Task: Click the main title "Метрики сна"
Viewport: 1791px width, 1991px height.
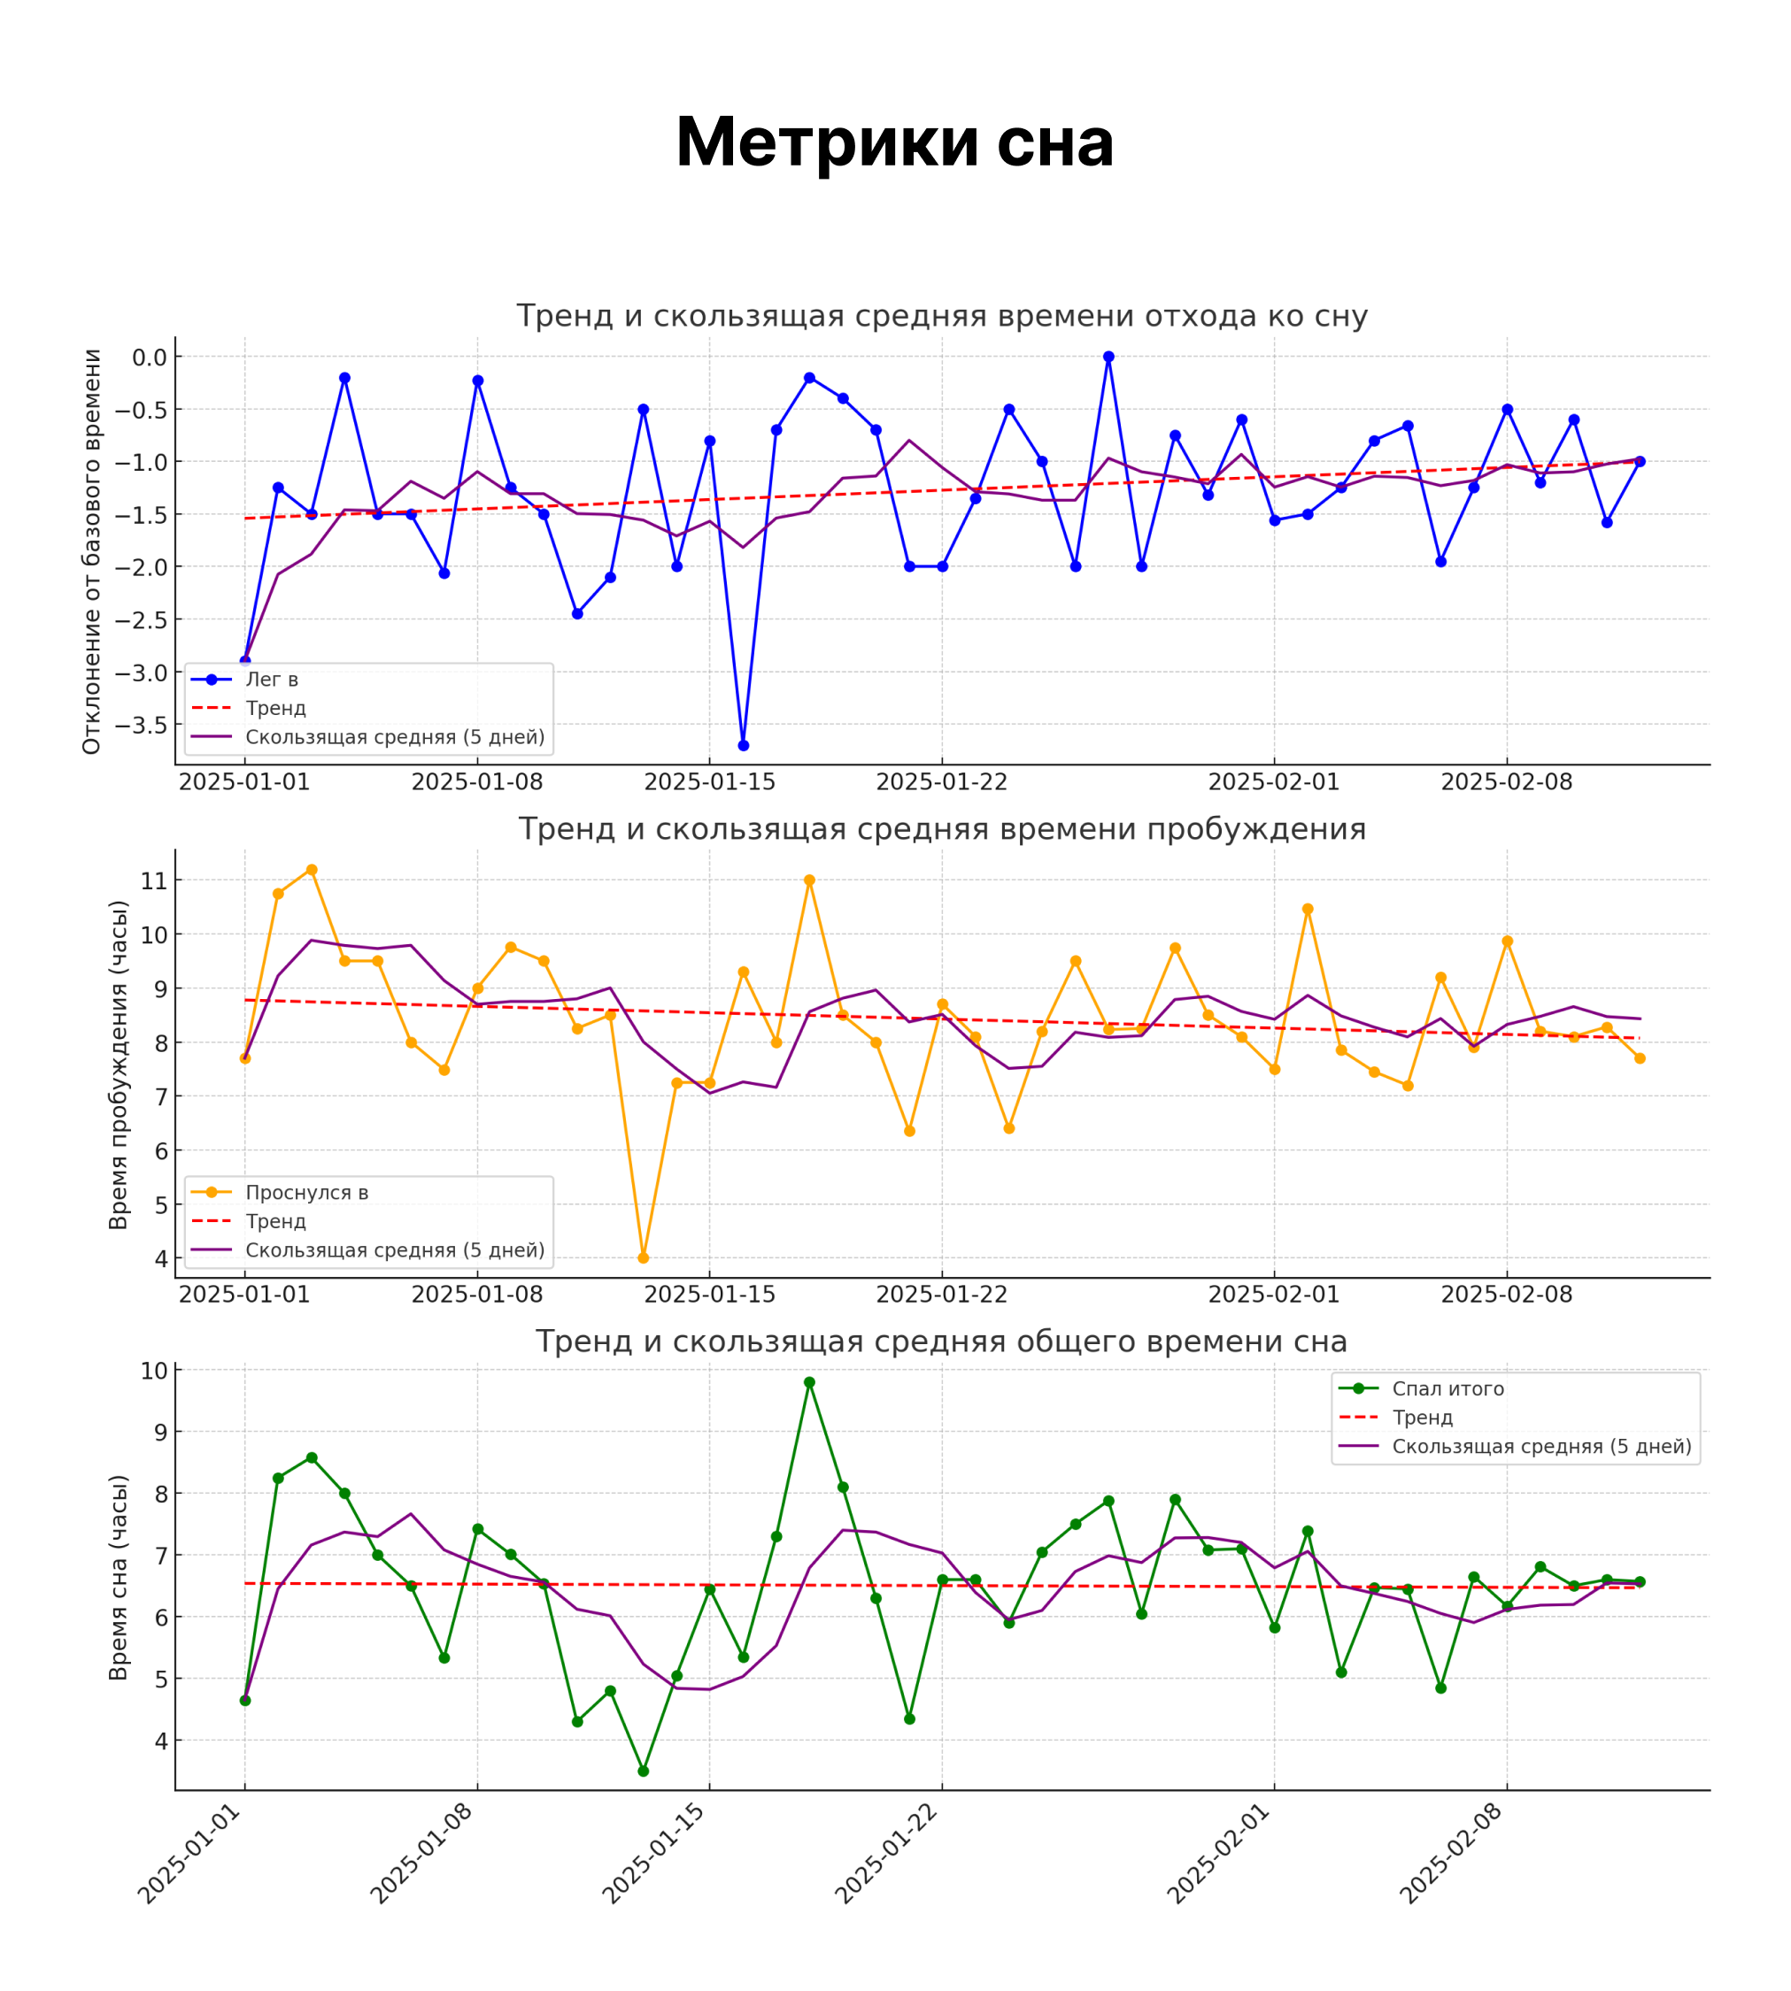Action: pyautogui.click(x=894, y=142)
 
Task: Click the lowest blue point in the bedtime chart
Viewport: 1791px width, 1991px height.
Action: pyautogui.click(x=743, y=746)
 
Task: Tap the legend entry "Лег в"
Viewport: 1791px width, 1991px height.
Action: pyautogui.click(x=272, y=680)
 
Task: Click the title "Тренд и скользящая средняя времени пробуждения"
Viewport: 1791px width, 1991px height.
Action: pyautogui.click(x=942, y=829)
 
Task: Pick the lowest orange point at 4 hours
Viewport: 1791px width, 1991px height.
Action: pyautogui.click(x=644, y=1258)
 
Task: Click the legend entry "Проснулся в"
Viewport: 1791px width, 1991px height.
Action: pyautogui.click(x=306, y=1193)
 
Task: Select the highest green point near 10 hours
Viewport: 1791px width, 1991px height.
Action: pyautogui.click(x=809, y=1382)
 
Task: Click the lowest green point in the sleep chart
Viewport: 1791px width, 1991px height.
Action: pyautogui.click(x=644, y=1771)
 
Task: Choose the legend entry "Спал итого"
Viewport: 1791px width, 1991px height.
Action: pyautogui.click(x=1447, y=1389)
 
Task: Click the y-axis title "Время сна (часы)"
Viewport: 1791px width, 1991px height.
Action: pyautogui.click(x=119, y=1578)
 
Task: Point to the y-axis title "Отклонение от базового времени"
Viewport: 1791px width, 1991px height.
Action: pyautogui.click(x=91, y=552)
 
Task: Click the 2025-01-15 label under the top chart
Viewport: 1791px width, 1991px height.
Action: pyautogui.click(x=709, y=782)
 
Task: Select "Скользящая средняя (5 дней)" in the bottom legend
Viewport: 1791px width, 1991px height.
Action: pyautogui.click(x=1541, y=1446)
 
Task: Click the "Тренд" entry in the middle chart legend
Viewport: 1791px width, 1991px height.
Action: pyautogui.click(x=275, y=1222)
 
